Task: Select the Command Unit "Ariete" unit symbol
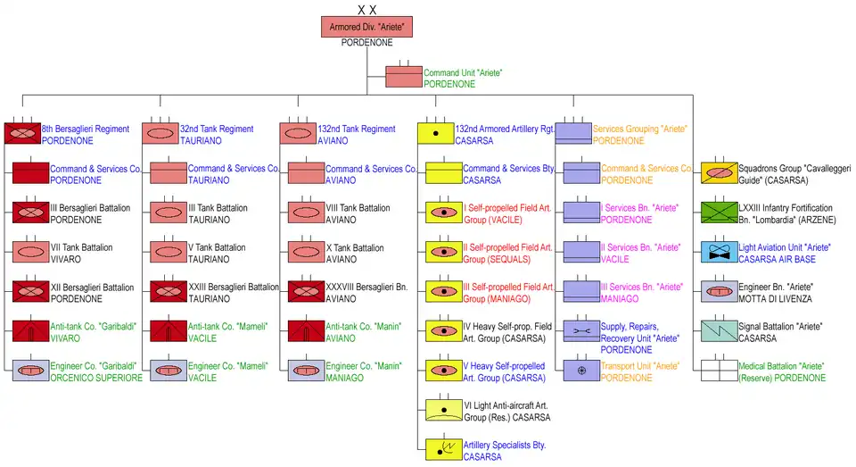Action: (403, 77)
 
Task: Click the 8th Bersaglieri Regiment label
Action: (85, 129)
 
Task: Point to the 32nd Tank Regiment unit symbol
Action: (160, 134)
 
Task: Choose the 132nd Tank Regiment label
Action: (356, 129)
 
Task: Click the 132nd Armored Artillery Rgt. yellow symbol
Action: (436, 134)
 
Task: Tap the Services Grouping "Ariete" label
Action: (639, 129)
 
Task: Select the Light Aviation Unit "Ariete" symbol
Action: (719, 251)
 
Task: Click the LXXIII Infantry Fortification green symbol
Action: (719, 212)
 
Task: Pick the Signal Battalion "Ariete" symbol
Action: (719, 331)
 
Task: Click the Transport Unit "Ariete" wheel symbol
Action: (581, 371)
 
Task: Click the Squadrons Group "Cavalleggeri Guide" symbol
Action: (719, 172)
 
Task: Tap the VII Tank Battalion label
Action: (81, 247)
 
